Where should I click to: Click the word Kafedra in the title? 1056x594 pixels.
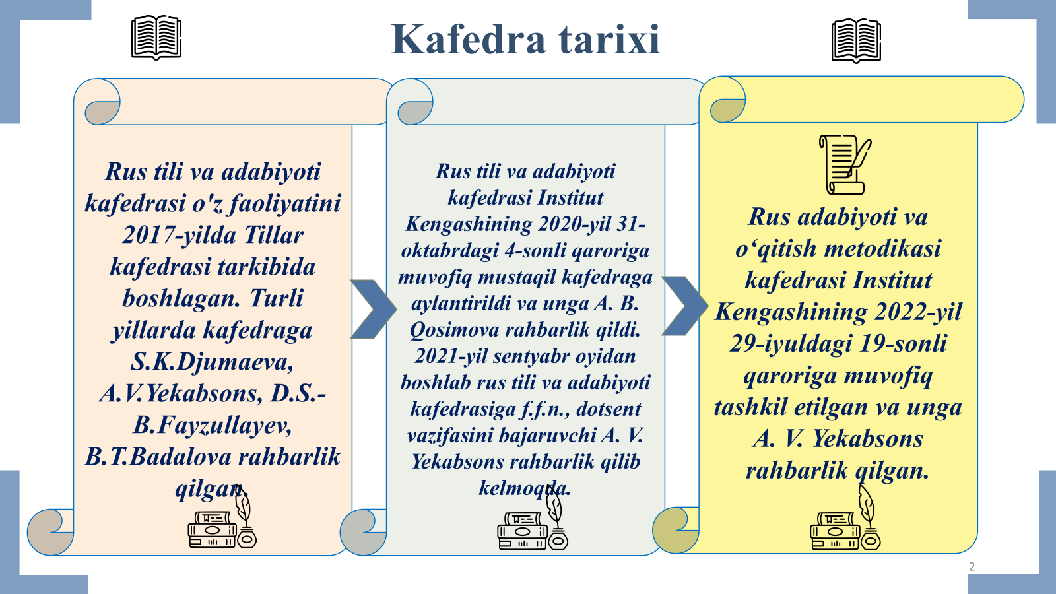click(x=469, y=40)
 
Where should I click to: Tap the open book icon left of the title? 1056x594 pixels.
click(x=156, y=37)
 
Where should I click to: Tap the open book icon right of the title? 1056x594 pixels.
click(x=856, y=40)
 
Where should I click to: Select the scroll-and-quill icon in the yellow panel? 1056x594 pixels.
click(x=845, y=164)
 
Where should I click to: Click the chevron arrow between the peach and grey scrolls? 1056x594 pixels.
click(x=373, y=309)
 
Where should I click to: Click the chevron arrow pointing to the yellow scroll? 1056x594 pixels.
click(x=684, y=306)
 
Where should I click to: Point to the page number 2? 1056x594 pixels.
click(x=972, y=567)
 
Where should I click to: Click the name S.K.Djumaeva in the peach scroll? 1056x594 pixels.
click(x=212, y=362)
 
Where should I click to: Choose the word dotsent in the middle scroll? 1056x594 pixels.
click(x=609, y=409)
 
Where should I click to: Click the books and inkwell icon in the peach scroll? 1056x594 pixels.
click(x=222, y=521)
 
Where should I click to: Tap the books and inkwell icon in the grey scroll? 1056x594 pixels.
click(x=533, y=522)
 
